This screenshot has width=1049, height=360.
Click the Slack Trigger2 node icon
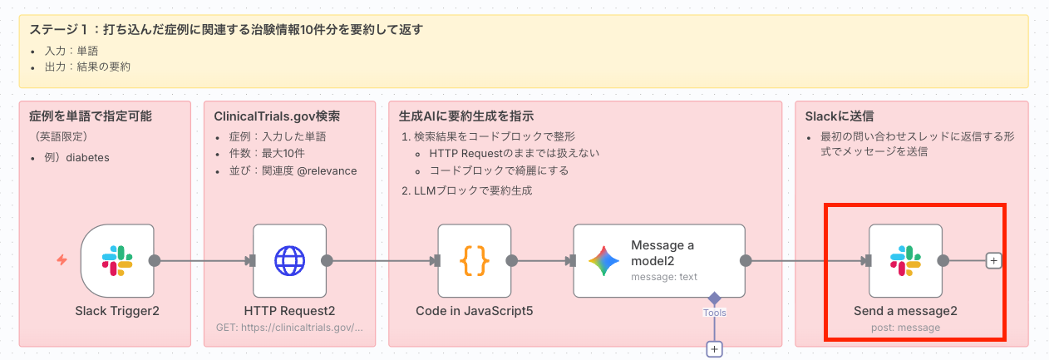pos(117,260)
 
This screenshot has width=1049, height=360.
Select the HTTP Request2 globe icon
pos(290,260)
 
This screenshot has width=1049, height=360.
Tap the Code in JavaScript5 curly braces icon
pos(475,260)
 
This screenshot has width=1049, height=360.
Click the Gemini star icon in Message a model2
pos(604,260)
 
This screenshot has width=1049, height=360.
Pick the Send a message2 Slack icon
pos(905,260)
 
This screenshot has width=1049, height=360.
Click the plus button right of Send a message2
pos(992,260)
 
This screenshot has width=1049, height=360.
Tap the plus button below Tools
pos(713,349)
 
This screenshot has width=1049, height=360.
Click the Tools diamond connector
pos(713,298)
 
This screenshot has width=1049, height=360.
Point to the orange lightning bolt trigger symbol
pos(62,260)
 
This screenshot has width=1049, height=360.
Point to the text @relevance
pos(327,170)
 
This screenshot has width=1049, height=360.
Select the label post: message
pos(905,328)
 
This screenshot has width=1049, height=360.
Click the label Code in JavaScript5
pos(474,311)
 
